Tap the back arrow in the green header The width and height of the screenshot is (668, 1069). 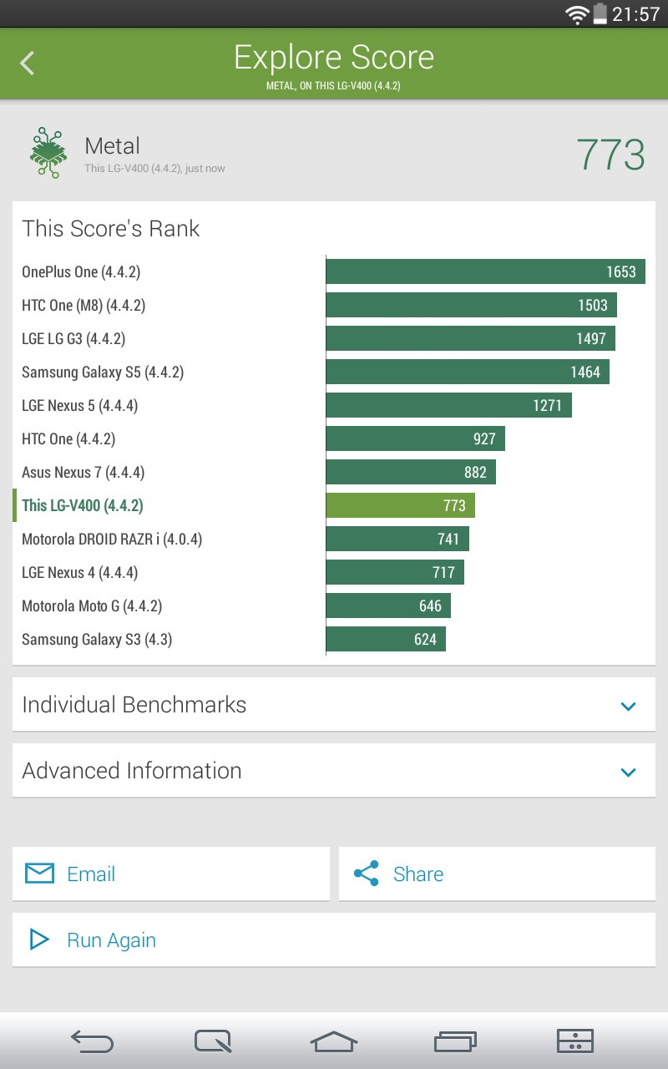point(28,63)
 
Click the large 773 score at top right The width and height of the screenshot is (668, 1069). point(610,155)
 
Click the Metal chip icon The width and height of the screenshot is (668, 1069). point(48,153)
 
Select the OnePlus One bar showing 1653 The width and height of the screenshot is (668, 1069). point(485,271)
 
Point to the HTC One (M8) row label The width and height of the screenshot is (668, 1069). point(83,305)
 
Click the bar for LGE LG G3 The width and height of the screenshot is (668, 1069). point(470,338)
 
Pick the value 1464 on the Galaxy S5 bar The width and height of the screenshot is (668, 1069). point(585,372)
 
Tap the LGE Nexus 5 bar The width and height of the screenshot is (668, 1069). point(448,405)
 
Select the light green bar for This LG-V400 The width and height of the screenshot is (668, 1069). point(400,505)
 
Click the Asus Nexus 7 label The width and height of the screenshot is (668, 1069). point(83,472)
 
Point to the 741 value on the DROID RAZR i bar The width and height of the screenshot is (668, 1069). point(448,539)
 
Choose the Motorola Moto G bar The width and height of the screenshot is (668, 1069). point(388,605)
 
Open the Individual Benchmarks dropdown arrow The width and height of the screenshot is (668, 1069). point(629,706)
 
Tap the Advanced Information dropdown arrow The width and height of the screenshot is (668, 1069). point(629,772)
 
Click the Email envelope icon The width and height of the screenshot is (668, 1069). point(39,874)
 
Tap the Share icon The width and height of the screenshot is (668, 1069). point(366,874)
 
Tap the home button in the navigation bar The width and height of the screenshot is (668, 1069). point(334,1041)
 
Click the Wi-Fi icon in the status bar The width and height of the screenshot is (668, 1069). point(576,14)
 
